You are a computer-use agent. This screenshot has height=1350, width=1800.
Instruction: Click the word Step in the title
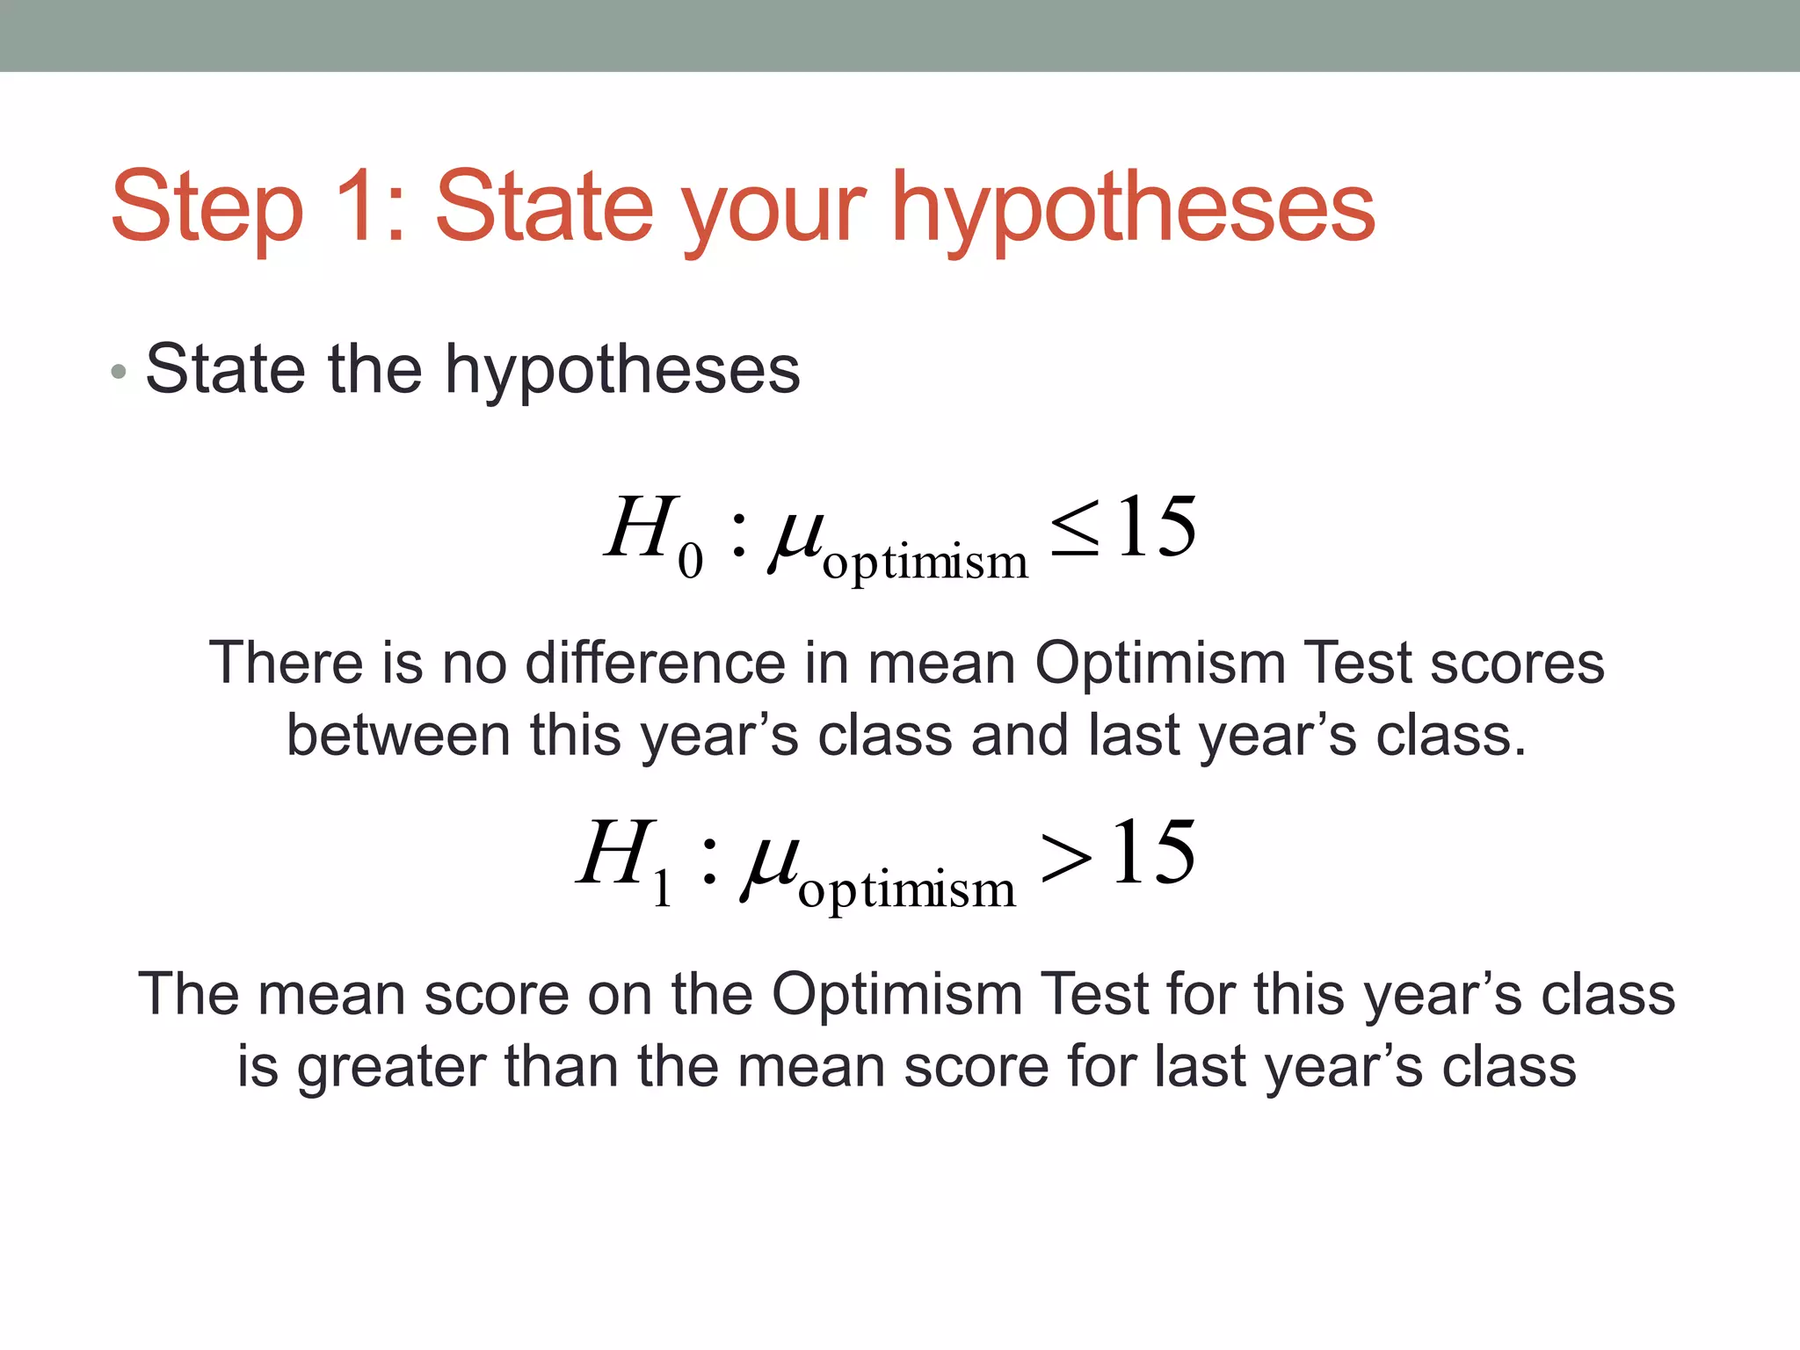coord(207,209)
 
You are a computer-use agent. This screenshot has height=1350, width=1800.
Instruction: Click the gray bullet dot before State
coord(120,373)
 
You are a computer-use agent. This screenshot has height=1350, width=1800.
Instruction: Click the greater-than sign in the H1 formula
coord(1065,857)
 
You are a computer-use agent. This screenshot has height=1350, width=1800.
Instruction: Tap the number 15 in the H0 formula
coord(1157,527)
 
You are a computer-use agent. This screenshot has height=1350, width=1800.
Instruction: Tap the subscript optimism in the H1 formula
coord(906,890)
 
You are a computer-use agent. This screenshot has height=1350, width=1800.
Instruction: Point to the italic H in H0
coord(640,527)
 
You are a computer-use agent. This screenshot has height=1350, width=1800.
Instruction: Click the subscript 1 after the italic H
coord(663,890)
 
